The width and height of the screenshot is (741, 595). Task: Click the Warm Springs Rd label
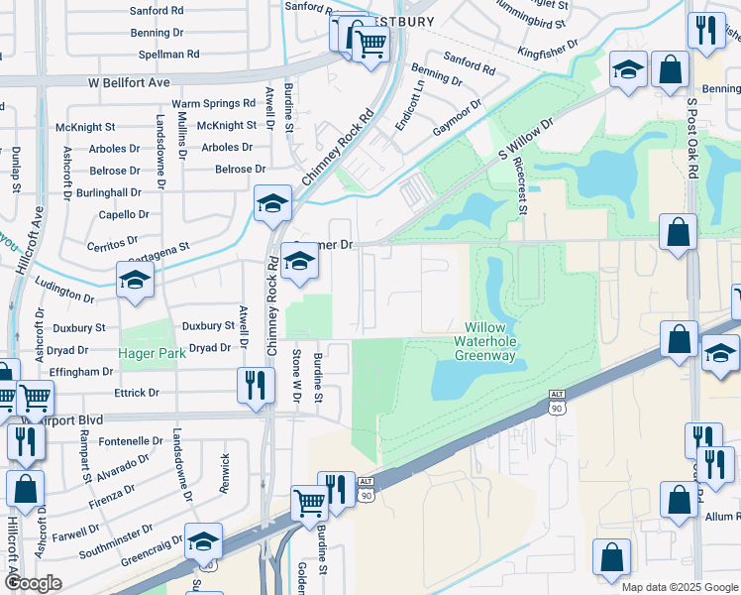pos(213,103)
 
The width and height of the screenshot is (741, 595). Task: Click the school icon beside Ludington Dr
pos(135,281)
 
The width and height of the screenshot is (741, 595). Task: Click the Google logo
pos(32,583)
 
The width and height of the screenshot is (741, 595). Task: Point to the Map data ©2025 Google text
pos(680,587)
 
